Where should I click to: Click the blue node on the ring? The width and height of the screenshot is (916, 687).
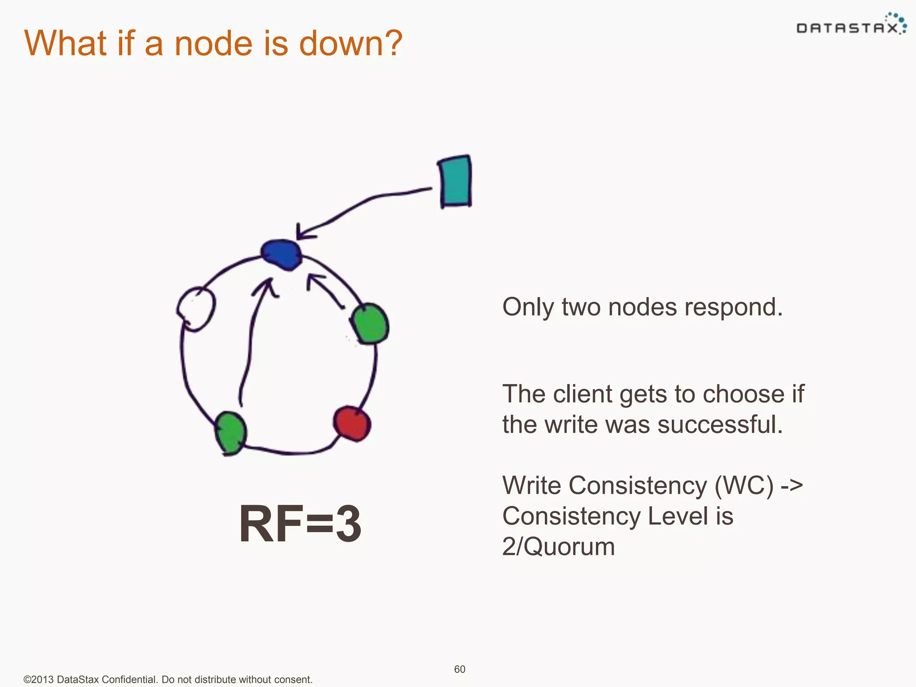coord(282,254)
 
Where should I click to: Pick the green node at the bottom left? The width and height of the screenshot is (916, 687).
coord(230,433)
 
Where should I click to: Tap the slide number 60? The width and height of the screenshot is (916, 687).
coord(459,669)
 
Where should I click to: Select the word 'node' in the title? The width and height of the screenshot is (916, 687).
coord(213,43)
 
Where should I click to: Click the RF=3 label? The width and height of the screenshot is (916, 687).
coord(300,523)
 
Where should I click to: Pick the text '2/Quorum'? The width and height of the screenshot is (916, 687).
coord(558,547)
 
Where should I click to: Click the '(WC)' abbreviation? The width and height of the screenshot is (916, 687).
coord(744,485)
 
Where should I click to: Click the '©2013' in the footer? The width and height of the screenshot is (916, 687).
coord(39,679)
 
